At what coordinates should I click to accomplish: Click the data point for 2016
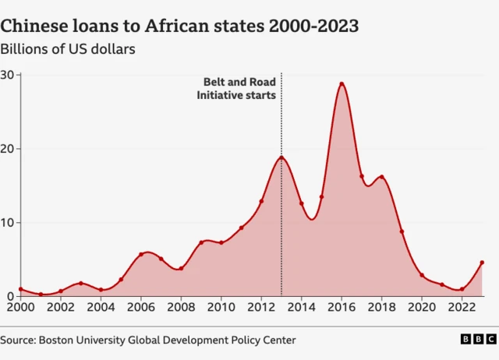[x=342, y=84]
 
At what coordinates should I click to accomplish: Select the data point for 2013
[x=281, y=157]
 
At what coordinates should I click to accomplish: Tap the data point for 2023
[x=482, y=263]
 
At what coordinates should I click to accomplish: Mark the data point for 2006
[x=141, y=254]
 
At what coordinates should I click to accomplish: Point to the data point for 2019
[x=402, y=231]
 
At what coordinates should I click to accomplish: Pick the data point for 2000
[x=20, y=289]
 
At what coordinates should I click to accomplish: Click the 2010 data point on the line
[x=221, y=242]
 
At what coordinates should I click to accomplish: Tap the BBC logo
[x=477, y=340]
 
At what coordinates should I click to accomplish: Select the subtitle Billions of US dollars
[x=69, y=49]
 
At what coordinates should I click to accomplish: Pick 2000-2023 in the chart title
[x=313, y=26]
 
